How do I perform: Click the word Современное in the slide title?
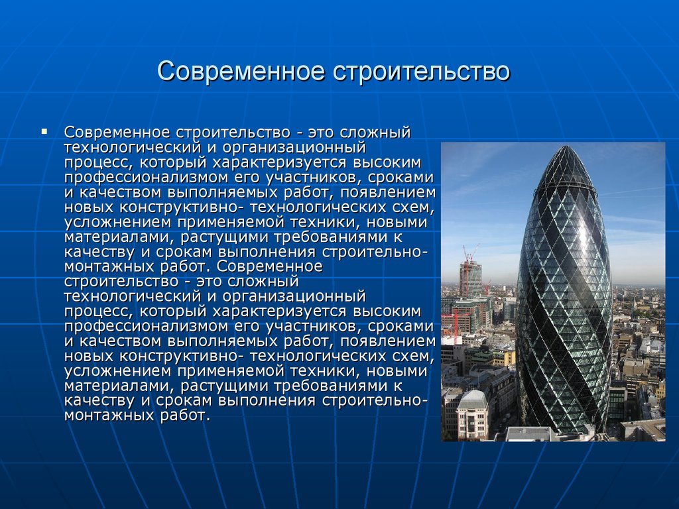pos(241,72)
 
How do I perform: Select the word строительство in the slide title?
pos(421,72)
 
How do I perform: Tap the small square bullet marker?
pos(44,131)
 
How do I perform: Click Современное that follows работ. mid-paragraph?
pos(269,266)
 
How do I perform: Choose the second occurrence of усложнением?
pos(118,371)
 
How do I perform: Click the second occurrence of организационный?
pos(294,297)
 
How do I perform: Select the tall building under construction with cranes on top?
pos(470,277)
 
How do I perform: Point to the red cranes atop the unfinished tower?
pos(469,254)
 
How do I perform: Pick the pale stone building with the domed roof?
pos(472,414)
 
